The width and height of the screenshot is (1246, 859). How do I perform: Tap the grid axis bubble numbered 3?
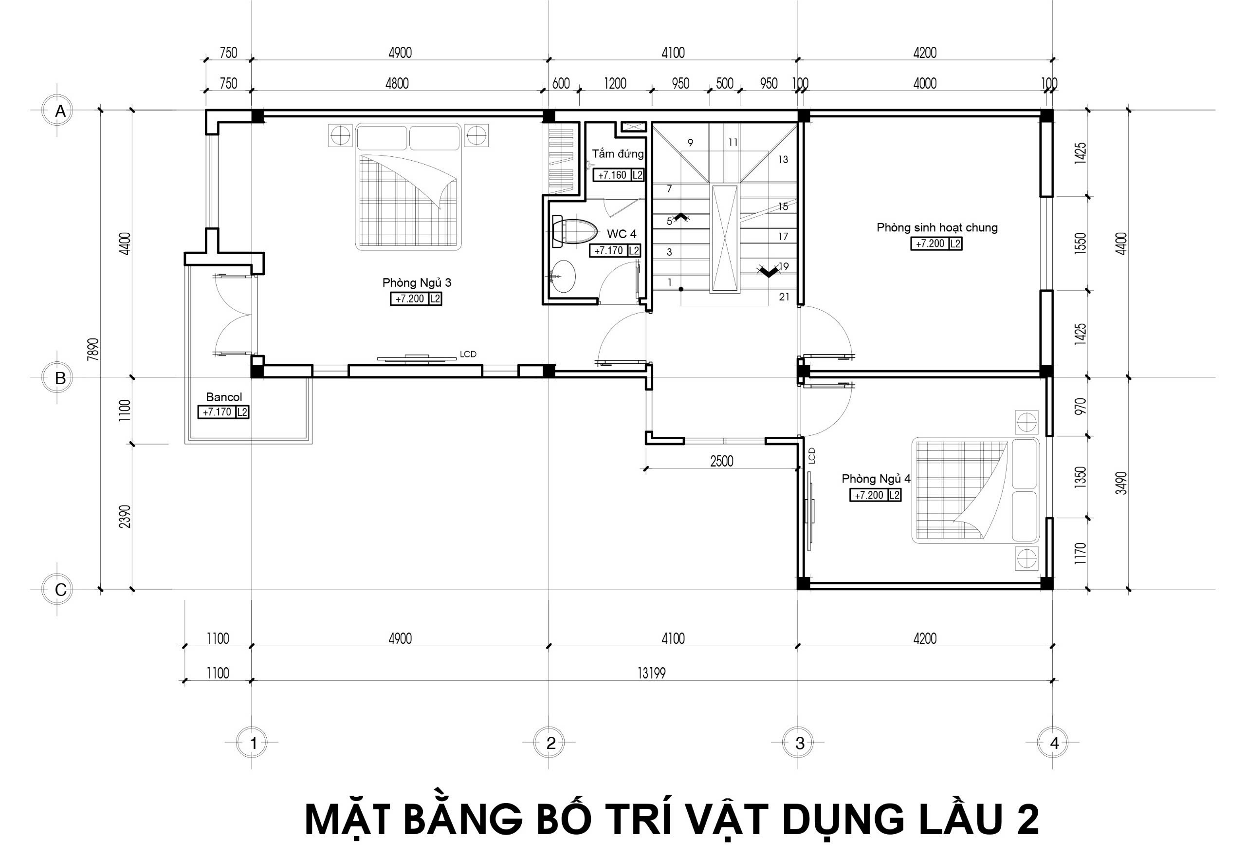(x=800, y=743)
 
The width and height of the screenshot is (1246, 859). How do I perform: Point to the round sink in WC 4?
(x=563, y=277)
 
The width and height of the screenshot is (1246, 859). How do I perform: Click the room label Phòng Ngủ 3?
(x=417, y=282)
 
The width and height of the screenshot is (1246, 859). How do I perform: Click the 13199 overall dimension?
(x=652, y=673)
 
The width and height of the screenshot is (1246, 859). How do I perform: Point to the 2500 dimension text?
(x=721, y=461)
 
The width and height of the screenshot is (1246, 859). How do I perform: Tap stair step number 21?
(x=784, y=297)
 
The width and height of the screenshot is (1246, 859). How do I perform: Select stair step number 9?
(x=690, y=143)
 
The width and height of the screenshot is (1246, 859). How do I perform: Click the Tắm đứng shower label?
(x=618, y=154)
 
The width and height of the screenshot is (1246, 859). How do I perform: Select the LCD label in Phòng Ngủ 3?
(x=468, y=354)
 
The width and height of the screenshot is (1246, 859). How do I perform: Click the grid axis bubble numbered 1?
(x=254, y=743)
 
